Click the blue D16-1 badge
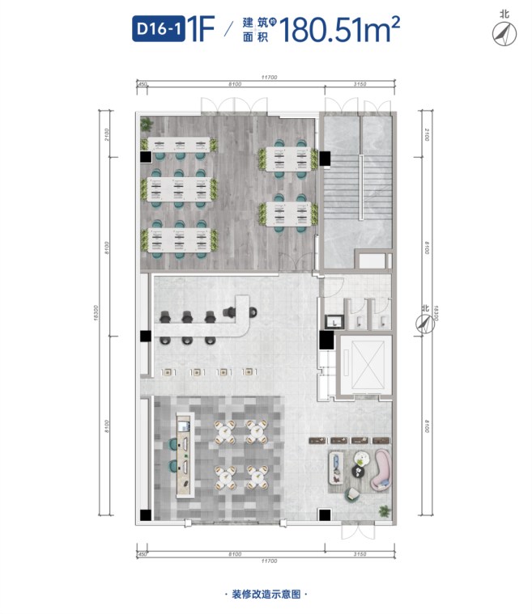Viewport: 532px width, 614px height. coord(159,28)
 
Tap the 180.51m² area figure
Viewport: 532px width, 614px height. coord(339,29)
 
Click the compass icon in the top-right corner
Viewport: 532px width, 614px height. coord(504,34)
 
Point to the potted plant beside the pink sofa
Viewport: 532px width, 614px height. coord(385,510)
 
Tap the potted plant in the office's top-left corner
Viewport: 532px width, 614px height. coord(147,124)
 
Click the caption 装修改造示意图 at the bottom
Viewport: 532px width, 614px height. coord(266,594)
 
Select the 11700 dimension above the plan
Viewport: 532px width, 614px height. coord(269,78)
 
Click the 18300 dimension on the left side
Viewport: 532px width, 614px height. coord(96,313)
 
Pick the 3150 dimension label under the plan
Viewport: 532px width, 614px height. coord(360,554)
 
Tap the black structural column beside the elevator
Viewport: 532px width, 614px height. coord(326,340)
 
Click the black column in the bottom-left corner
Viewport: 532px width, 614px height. coord(146,515)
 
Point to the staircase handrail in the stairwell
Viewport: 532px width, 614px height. coord(360,187)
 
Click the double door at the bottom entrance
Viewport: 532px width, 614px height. coord(358,531)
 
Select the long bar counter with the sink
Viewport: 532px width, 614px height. coord(185,455)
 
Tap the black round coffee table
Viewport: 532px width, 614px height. coord(359,472)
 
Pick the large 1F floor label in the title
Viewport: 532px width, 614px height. coord(201,28)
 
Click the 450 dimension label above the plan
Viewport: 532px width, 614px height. coord(142,84)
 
